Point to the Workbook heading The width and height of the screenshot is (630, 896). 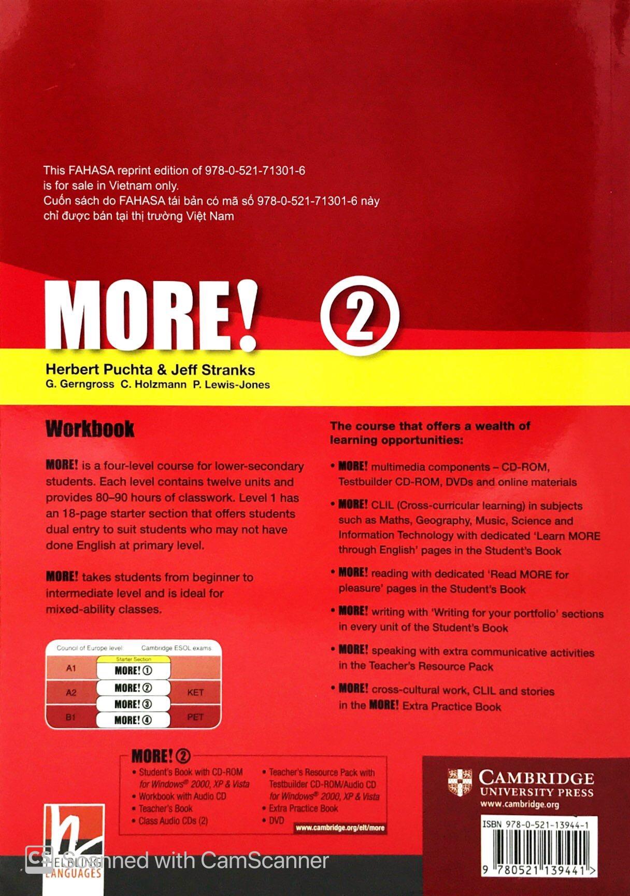click(x=90, y=429)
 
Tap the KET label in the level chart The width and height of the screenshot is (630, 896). click(x=195, y=692)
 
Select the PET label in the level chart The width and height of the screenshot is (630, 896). click(x=195, y=717)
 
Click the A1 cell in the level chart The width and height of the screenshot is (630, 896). click(x=71, y=668)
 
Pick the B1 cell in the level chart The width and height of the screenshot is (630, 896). click(x=71, y=718)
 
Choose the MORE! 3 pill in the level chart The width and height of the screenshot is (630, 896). click(x=133, y=704)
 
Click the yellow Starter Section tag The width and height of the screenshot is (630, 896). click(x=134, y=659)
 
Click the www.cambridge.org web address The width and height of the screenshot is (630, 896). click(x=520, y=805)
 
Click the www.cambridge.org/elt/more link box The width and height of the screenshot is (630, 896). click(x=340, y=828)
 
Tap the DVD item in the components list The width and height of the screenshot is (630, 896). click(x=277, y=820)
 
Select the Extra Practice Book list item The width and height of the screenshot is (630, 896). click(x=303, y=808)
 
